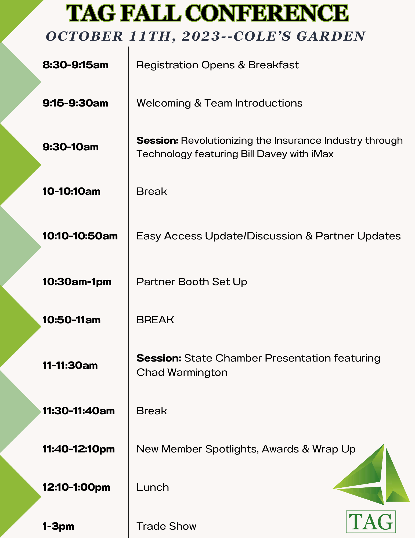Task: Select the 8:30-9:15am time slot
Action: [x=75, y=65]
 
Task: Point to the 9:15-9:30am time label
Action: [x=75, y=103]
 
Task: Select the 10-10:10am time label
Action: [x=71, y=192]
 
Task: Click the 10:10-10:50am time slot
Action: [x=80, y=236]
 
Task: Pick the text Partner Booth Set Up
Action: [x=192, y=282]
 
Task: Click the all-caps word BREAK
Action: [x=155, y=320]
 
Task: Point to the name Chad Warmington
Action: [x=182, y=373]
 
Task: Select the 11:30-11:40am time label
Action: [x=79, y=411]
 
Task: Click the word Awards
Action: [x=280, y=449]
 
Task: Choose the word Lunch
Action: [x=153, y=487]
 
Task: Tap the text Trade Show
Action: [x=167, y=526]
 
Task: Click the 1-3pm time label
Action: [x=59, y=526]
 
